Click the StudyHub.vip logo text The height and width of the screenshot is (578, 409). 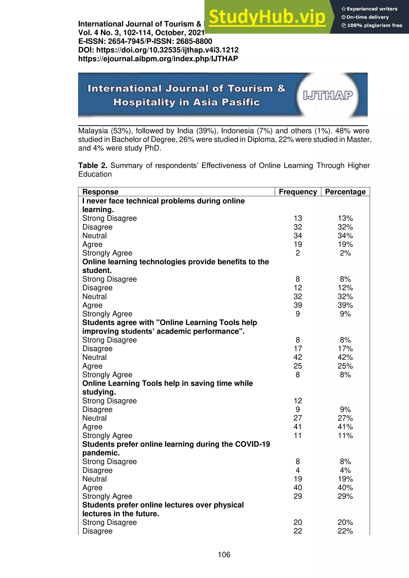[x=267, y=17]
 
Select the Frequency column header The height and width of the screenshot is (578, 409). [x=298, y=192]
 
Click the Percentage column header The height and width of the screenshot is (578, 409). [x=345, y=192]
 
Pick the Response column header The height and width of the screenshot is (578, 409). [x=100, y=192]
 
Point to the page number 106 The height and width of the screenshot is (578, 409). [x=224, y=554]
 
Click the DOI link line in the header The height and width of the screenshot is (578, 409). [x=158, y=50]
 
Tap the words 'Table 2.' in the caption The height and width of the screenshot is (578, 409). [x=93, y=165]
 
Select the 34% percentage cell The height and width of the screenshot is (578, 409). [x=345, y=236]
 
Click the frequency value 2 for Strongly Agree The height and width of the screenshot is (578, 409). [x=298, y=253]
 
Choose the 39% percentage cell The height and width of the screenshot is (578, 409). [x=345, y=305]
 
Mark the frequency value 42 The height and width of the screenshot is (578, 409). [x=298, y=357]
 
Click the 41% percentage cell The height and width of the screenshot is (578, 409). [x=345, y=427]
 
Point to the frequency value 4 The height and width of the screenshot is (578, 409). [x=298, y=470]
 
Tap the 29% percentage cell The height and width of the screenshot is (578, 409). [x=345, y=496]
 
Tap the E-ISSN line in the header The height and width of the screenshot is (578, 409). [x=145, y=41]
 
